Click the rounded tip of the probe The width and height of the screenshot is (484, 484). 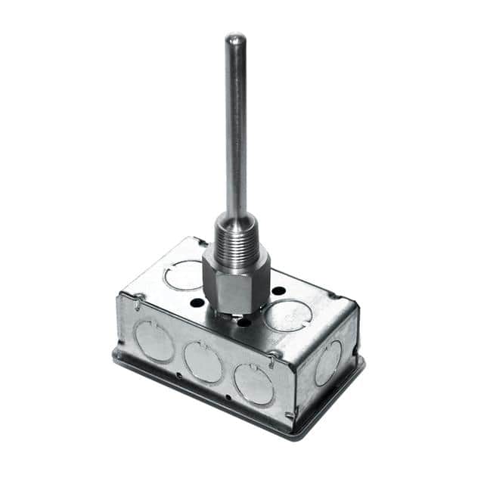[236, 38]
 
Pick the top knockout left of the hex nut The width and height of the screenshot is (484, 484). [184, 275]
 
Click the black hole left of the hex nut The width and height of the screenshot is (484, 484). [197, 302]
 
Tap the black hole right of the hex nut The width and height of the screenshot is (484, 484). [278, 290]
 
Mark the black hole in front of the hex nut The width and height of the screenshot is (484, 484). [244, 322]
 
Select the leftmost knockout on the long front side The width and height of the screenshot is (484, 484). [154, 340]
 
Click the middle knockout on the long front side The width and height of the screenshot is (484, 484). [203, 361]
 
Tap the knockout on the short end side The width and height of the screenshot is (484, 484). [328, 363]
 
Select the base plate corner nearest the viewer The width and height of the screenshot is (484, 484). [296, 436]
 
